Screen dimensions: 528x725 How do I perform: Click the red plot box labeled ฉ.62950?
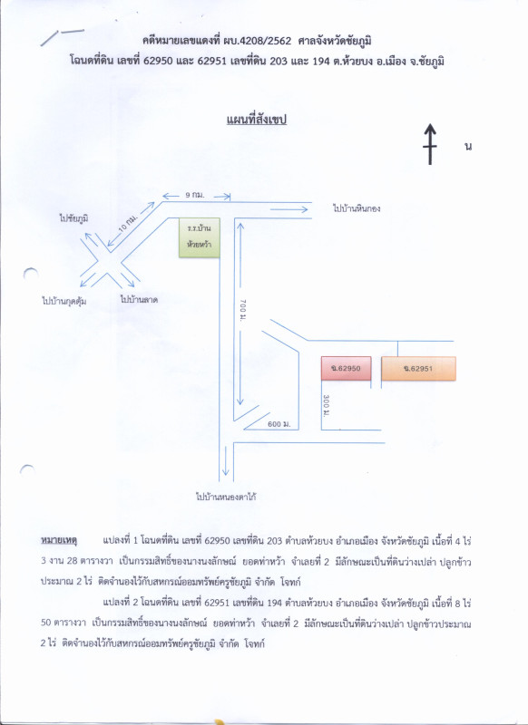tap(347, 368)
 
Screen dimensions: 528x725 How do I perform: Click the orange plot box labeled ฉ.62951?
tap(418, 369)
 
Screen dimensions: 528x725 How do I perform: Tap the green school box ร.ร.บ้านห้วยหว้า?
tap(200, 237)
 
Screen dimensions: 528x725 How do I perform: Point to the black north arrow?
tap(430, 144)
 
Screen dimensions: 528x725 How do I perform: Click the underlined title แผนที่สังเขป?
tap(257, 121)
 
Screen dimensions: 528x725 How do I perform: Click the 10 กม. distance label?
tap(129, 224)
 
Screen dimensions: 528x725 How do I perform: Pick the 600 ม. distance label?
tap(279, 424)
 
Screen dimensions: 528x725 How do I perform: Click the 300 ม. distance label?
tap(327, 404)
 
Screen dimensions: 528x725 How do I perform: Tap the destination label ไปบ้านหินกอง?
tap(357, 208)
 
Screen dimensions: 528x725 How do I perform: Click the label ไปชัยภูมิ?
tap(73, 218)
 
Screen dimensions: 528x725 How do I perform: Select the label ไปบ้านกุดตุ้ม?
tap(64, 303)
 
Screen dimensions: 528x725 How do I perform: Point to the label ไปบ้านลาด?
tap(139, 300)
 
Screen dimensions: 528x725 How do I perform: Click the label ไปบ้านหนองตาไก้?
tap(226, 498)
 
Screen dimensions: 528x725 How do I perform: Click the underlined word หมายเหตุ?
tap(59, 540)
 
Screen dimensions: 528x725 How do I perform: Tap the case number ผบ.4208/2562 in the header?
tap(263, 41)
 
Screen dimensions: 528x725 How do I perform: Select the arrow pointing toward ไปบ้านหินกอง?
tap(289, 210)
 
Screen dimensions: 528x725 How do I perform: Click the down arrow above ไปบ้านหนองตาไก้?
tap(225, 461)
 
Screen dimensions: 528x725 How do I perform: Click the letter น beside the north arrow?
tap(468, 147)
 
